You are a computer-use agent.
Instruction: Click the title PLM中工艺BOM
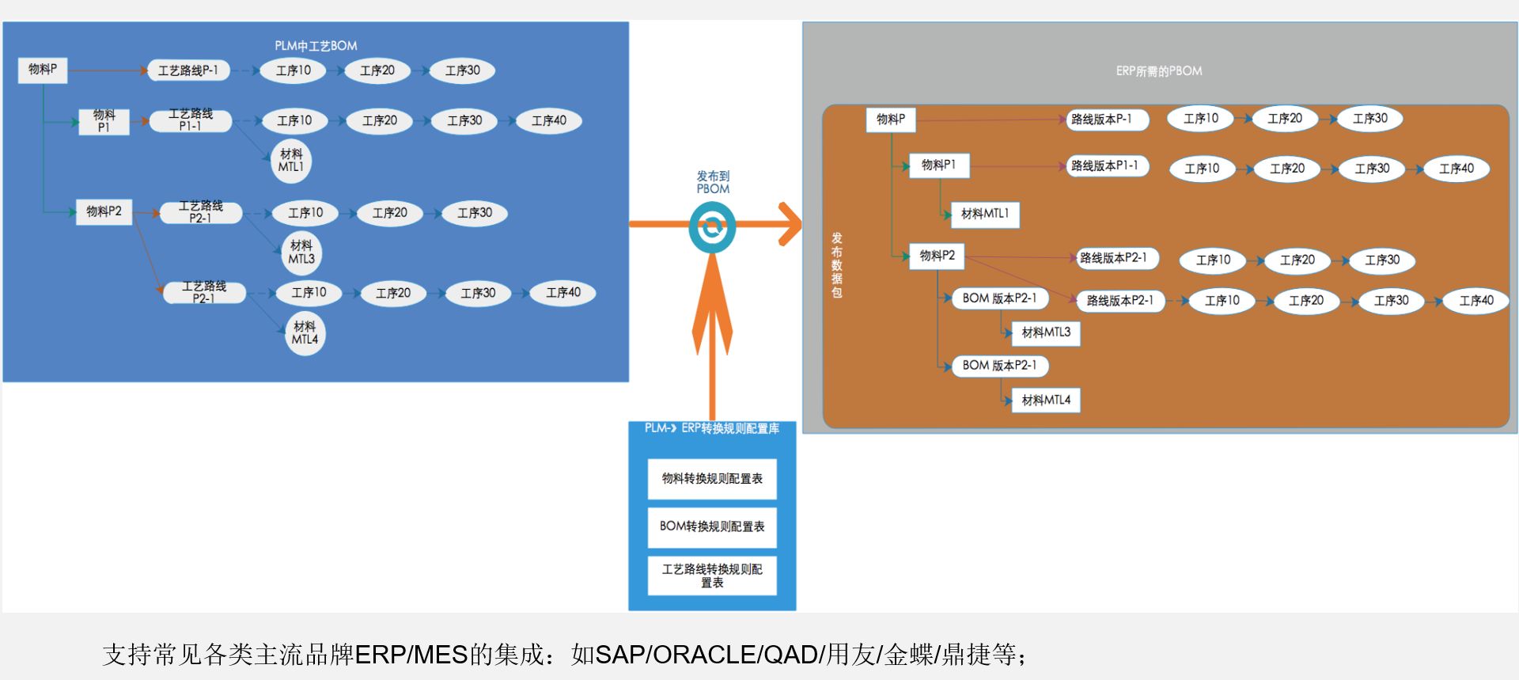[x=316, y=46]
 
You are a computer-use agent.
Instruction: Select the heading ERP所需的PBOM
[x=1159, y=71]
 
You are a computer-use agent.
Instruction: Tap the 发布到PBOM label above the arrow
[x=713, y=182]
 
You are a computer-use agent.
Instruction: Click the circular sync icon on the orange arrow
[x=712, y=227]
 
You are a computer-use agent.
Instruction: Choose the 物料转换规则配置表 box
[x=712, y=479]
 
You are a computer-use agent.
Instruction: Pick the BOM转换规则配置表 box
[x=712, y=526]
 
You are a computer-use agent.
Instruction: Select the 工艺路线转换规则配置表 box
[x=712, y=576]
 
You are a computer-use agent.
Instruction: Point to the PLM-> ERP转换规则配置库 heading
[x=712, y=428]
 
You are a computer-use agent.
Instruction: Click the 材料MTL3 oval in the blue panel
[x=301, y=253]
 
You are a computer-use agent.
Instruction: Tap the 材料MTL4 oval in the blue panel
[x=305, y=333]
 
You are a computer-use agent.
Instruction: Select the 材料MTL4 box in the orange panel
[x=1045, y=401]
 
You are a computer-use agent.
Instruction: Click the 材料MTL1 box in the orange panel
[x=984, y=214]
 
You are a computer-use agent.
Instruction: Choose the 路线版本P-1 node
[x=1101, y=120]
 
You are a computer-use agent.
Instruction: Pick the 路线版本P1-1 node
[x=1104, y=166]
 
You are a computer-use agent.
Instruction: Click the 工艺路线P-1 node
[x=188, y=70]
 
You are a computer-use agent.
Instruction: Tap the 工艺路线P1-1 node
[x=191, y=120]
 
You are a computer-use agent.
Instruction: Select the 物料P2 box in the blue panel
[x=104, y=211]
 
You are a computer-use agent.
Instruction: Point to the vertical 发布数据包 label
[x=837, y=265]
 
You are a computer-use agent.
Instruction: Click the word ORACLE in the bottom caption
[x=704, y=655]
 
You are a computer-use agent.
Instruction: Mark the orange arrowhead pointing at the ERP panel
[x=790, y=225]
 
